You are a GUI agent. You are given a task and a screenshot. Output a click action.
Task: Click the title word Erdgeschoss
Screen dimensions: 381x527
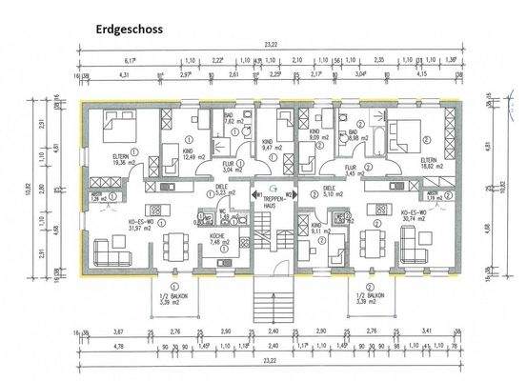(x=129, y=29)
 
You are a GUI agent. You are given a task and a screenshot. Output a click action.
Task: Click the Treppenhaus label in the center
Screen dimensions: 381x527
(x=276, y=201)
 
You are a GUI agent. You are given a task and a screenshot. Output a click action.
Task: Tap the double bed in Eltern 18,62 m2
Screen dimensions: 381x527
(x=401, y=130)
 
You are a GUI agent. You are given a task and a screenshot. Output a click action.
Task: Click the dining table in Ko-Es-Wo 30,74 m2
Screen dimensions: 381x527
(x=375, y=246)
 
